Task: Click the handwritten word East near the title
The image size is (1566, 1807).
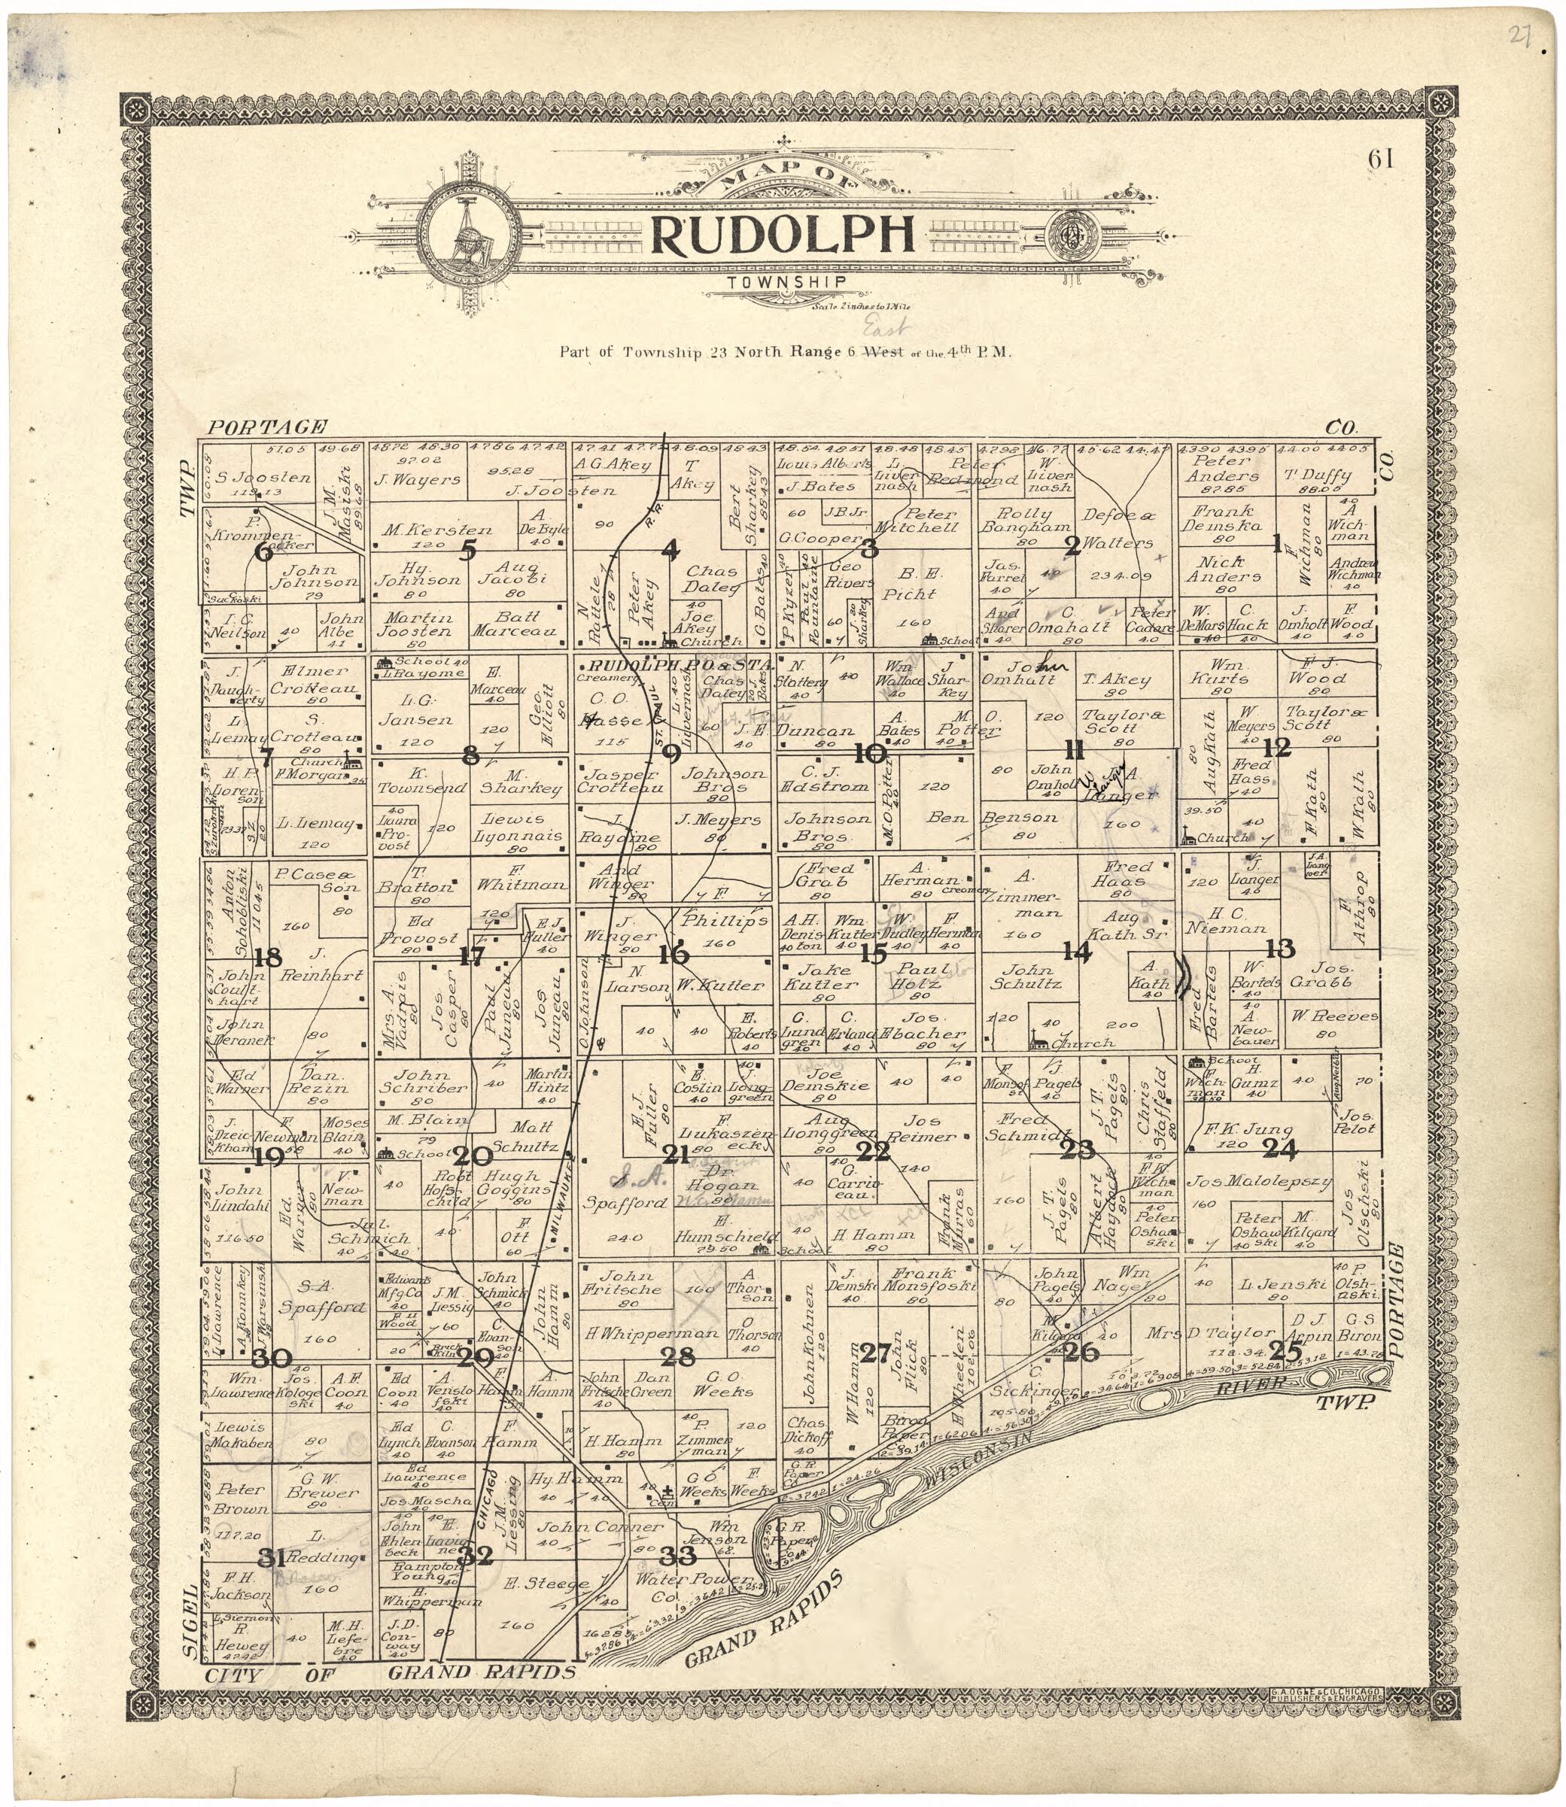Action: click(883, 330)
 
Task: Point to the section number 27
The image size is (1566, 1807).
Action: click(874, 1353)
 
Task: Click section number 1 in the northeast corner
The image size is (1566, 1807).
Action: click(1277, 545)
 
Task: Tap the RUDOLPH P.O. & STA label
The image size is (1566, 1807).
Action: click(674, 666)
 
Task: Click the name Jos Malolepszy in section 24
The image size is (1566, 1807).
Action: click(1258, 1183)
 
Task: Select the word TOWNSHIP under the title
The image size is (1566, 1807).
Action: click(786, 282)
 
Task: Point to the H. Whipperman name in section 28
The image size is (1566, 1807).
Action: click(652, 1335)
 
